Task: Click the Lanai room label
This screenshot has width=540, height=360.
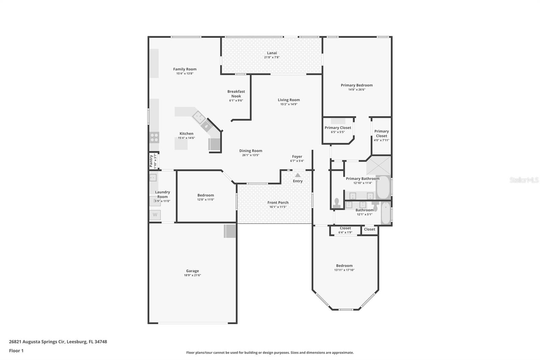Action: [272, 53]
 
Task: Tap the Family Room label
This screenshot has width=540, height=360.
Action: [185, 69]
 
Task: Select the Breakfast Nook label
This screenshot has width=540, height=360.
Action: [236, 94]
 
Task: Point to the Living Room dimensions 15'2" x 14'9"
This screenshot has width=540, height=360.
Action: [289, 104]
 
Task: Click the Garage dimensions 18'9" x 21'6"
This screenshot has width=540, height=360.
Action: [192, 275]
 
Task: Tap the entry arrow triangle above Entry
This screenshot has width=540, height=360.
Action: [298, 175]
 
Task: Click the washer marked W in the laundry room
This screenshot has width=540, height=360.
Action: [155, 215]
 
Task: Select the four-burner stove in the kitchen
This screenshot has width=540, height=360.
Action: [154, 137]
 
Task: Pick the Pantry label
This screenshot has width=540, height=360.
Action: [151, 161]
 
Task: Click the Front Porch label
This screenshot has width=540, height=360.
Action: [278, 202]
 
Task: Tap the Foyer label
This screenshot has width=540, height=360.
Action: [297, 156]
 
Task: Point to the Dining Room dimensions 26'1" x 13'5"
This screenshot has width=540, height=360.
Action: [251, 155]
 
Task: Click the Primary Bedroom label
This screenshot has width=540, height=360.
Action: [356, 85]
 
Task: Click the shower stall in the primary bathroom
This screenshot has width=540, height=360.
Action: [378, 165]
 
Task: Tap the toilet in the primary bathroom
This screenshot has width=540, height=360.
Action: [336, 203]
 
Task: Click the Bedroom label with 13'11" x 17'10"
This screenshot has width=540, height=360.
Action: [344, 265]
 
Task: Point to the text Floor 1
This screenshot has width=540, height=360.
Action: [16, 351]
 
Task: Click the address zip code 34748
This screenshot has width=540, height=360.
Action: [101, 341]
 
